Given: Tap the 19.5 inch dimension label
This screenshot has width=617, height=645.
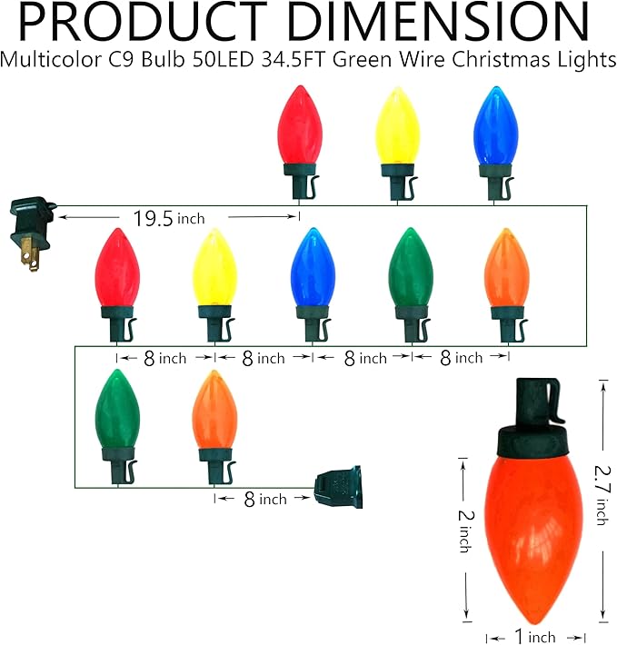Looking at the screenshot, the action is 169,218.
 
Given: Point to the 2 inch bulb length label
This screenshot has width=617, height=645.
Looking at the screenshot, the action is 466,531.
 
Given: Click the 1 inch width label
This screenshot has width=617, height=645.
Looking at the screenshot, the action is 534,636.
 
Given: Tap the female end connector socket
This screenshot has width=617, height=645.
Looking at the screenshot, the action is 339,487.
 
